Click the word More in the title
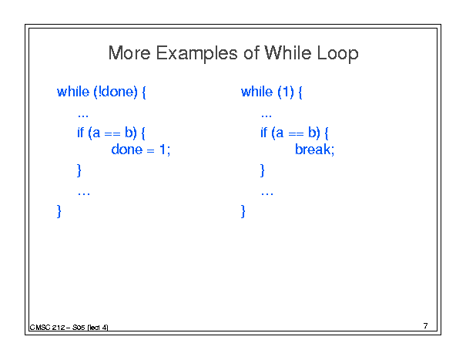click(x=129, y=53)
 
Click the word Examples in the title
click(x=196, y=54)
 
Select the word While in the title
click(x=287, y=53)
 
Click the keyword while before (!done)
click(x=73, y=92)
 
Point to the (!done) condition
click(x=116, y=93)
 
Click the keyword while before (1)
click(x=256, y=92)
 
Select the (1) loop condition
click(x=286, y=93)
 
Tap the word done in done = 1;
click(x=127, y=150)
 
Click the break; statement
click(x=315, y=150)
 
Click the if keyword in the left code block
click(x=81, y=133)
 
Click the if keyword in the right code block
click(x=264, y=133)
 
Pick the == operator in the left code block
click(x=112, y=134)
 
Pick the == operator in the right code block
click(x=296, y=134)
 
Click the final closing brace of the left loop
click(x=59, y=211)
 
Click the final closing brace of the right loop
click(x=243, y=211)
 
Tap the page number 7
click(x=426, y=326)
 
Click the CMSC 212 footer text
click(x=47, y=328)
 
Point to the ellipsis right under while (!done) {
click(x=83, y=116)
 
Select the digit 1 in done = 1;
click(x=163, y=150)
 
